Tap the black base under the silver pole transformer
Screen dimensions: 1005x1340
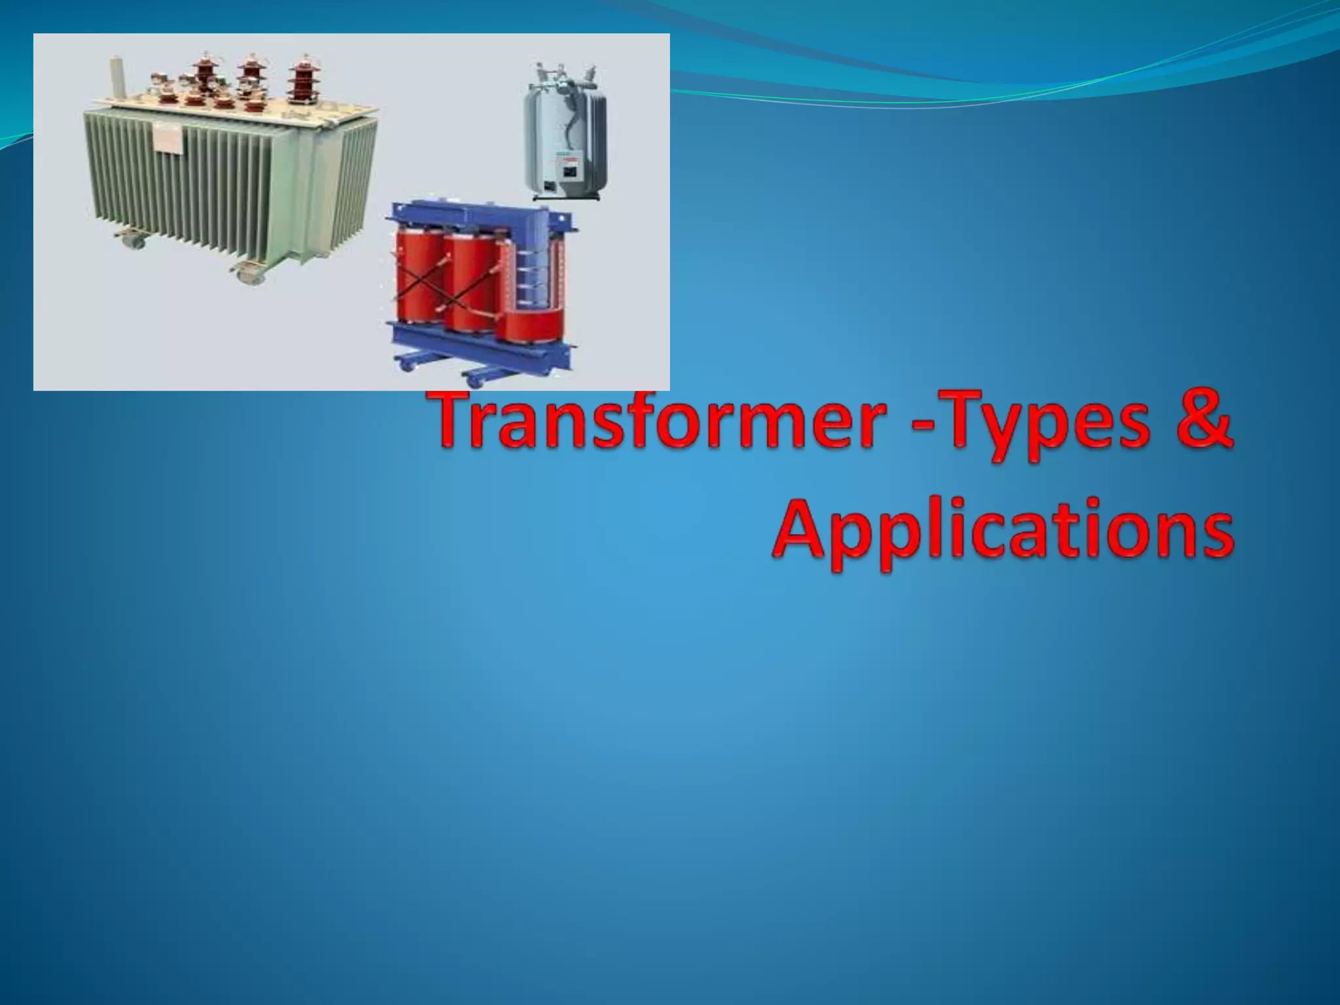tap(563, 194)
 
